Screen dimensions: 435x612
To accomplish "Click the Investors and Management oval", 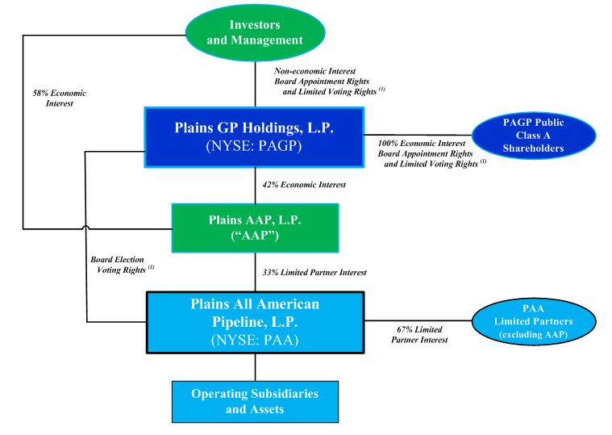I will [x=256, y=31].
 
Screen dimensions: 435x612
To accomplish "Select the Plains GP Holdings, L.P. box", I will [x=255, y=136].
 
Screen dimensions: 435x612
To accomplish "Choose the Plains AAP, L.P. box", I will [x=255, y=228].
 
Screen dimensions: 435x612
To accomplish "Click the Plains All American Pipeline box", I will [x=255, y=322].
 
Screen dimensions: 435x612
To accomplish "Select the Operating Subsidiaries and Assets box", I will [x=255, y=401].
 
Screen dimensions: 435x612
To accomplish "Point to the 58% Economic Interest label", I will [x=55, y=98].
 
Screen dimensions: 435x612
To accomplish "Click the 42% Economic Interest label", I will [x=304, y=186].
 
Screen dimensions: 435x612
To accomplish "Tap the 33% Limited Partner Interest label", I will [x=314, y=273].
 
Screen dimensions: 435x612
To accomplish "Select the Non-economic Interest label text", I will [x=315, y=71].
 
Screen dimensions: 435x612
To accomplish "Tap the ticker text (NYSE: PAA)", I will [x=255, y=340].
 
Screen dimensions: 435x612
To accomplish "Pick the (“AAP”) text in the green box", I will [x=255, y=240].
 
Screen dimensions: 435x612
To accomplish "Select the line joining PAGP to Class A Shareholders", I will [x=418, y=135].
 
